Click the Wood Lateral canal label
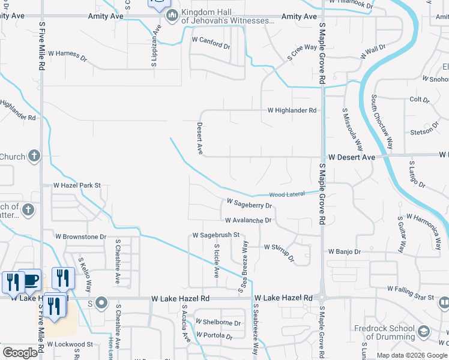(x=287, y=194)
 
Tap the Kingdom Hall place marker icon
(x=172, y=16)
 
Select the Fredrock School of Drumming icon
(x=424, y=332)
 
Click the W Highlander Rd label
(x=292, y=110)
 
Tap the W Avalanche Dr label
(x=248, y=220)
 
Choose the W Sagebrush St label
(x=215, y=235)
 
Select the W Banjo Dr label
(x=344, y=252)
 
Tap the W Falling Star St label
(x=411, y=293)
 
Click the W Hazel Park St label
(x=77, y=186)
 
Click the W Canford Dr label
(x=211, y=44)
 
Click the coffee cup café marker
(x=29, y=280)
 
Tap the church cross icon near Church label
(x=34, y=157)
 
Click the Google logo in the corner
(x=20, y=353)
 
